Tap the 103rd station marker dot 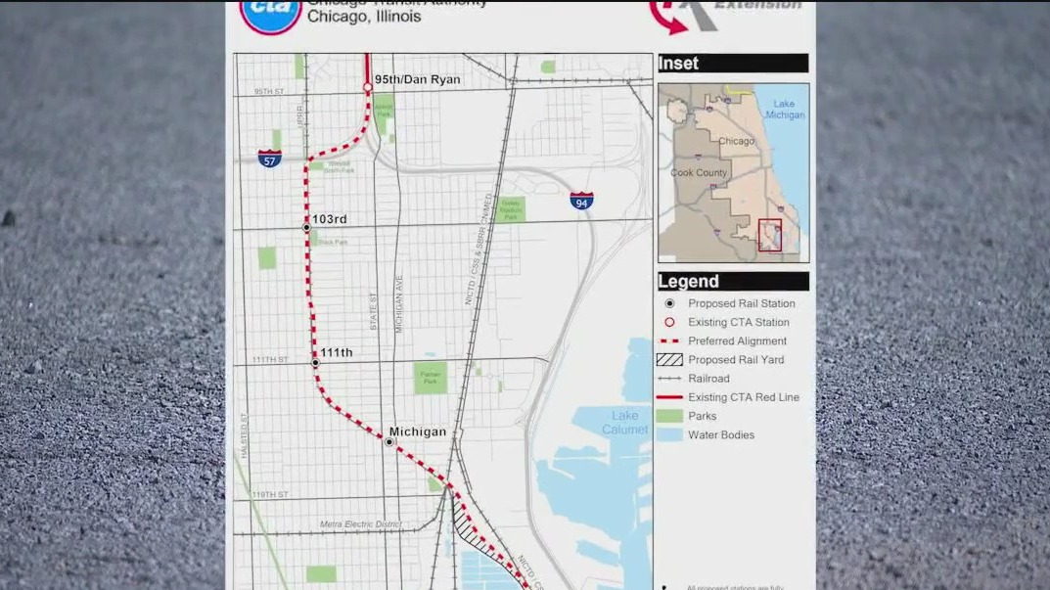pos(306,228)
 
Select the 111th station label pos(338,352)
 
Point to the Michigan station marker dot pos(388,442)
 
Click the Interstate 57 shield pos(270,158)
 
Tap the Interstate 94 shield pos(581,201)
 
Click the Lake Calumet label pos(624,423)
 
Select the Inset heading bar pos(733,64)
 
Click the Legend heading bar pos(733,282)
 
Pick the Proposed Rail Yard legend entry pos(735,360)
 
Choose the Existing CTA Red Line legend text pos(743,397)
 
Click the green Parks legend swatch pos(669,416)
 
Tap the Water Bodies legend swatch pos(669,435)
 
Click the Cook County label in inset pos(699,173)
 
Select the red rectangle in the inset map pos(770,235)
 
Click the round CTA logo pos(270,15)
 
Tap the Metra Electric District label pos(361,524)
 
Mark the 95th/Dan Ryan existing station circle pos(368,88)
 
